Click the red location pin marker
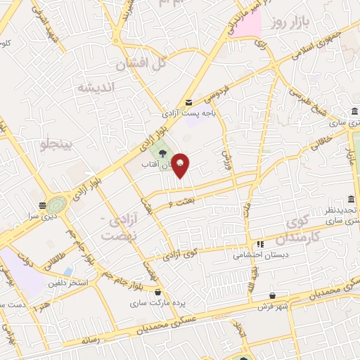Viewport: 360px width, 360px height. click(181, 165)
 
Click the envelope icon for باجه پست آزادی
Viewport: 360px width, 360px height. click(188, 101)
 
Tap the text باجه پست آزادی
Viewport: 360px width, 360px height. click(181, 113)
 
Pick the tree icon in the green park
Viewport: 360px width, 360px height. click(162, 153)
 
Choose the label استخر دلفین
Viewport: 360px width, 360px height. click(67, 283)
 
